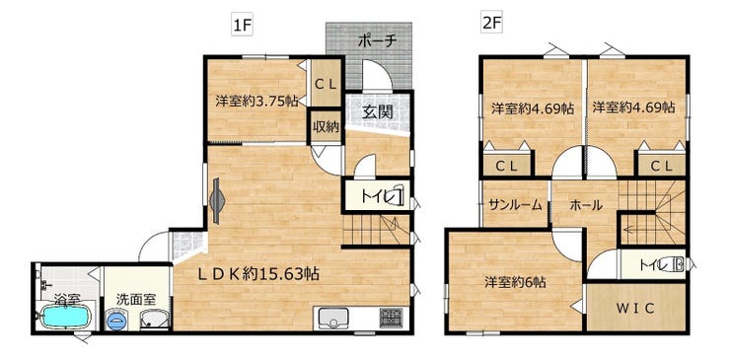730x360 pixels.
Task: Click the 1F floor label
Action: click(x=243, y=26)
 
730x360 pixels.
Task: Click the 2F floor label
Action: click(x=492, y=24)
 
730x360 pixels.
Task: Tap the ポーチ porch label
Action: click(x=377, y=41)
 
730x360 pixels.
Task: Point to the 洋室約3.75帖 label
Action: click(x=257, y=102)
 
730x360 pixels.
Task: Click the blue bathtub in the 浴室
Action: click(x=65, y=316)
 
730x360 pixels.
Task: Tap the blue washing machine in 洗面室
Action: click(x=116, y=320)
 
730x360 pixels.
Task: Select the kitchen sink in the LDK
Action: click(x=331, y=319)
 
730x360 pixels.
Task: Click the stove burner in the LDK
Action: click(x=390, y=318)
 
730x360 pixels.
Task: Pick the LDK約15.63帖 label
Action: click(x=258, y=274)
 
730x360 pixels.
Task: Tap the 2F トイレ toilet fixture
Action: click(x=675, y=265)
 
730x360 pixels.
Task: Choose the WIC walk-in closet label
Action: click(x=636, y=308)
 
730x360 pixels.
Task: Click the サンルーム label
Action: click(x=515, y=204)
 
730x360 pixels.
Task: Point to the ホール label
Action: click(x=586, y=204)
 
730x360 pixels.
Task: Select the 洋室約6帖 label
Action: click(x=515, y=282)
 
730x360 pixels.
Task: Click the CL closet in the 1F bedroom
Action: click(x=327, y=84)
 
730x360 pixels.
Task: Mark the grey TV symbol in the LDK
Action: click(x=217, y=201)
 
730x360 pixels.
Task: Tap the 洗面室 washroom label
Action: click(x=136, y=299)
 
